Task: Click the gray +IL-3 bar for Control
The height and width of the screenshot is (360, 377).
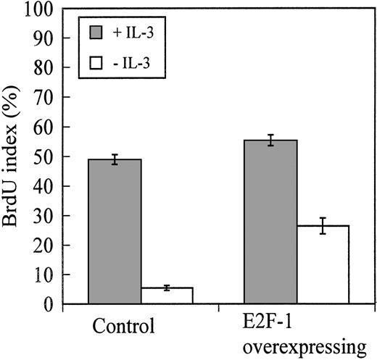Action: pyautogui.click(x=115, y=232)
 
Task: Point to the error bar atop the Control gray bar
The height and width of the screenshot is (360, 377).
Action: pyautogui.click(x=115, y=159)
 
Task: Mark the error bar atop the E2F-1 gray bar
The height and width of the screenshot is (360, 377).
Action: pyautogui.click(x=270, y=141)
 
